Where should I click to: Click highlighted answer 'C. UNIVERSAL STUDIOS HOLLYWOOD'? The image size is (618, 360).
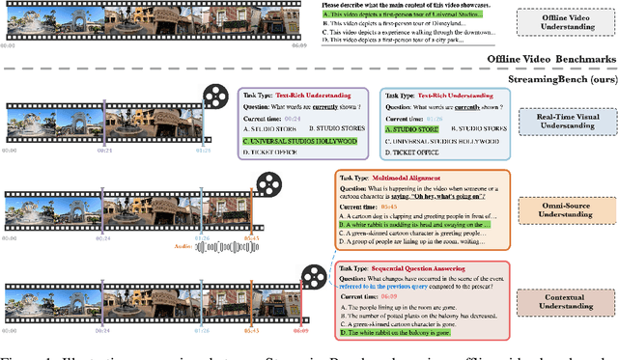pyautogui.click(x=301, y=141)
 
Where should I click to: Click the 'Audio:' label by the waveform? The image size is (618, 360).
pyautogui.click(x=182, y=246)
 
